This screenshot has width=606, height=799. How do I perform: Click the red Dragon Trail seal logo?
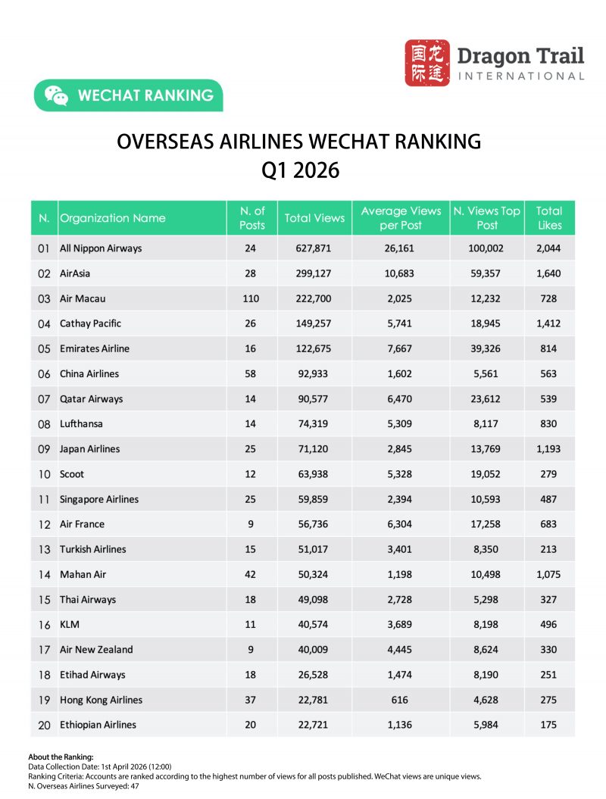click(x=427, y=63)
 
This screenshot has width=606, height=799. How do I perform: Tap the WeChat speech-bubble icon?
click(x=56, y=95)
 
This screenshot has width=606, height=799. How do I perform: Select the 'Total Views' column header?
click(x=314, y=218)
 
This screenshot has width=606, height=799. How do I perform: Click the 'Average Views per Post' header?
click(x=401, y=218)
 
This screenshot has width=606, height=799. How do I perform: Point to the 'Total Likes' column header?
click(x=549, y=218)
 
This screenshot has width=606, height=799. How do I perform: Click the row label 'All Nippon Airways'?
click(x=101, y=248)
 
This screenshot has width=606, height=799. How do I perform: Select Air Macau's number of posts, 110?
click(x=251, y=298)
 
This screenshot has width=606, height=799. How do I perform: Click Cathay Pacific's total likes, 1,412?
click(x=549, y=323)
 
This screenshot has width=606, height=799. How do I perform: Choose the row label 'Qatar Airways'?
click(x=91, y=398)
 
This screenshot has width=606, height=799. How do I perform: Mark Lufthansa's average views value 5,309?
click(x=401, y=423)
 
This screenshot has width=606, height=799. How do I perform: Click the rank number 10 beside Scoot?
click(x=44, y=474)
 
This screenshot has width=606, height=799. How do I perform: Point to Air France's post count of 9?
click(x=251, y=524)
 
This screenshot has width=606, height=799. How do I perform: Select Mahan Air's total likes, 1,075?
click(x=549, y=574)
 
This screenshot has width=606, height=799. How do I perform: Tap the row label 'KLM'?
click(x=70, y=624)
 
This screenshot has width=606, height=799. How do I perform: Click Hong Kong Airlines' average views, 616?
click(x=401, y=700)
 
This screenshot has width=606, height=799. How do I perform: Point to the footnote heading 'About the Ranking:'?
click(x=61, y=757)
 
